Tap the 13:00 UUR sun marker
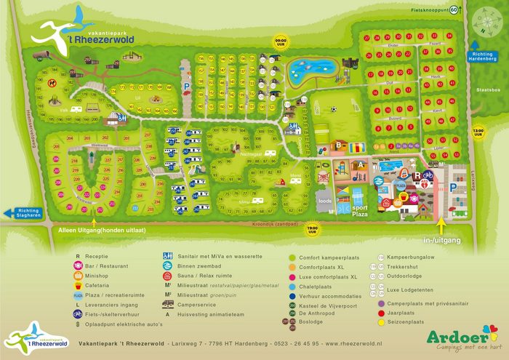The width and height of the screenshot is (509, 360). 478,132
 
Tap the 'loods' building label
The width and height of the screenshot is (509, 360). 325,201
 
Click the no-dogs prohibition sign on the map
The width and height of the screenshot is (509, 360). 52,82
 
